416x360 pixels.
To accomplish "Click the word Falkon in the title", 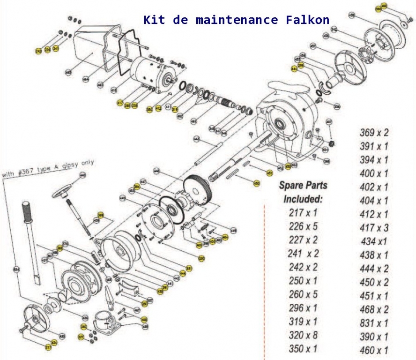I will [307, 20].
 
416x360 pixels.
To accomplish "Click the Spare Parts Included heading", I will [303, 192].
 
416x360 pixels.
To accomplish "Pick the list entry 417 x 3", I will [374, 228].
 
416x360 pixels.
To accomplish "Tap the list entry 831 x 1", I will [374, 323].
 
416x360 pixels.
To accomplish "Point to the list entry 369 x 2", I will [374, 133].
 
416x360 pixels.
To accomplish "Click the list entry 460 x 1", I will [374, 350].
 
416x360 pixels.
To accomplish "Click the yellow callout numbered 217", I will [48, 347].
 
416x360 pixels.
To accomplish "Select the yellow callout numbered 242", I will [38, 50].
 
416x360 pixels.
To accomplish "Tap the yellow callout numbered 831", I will [189, 268].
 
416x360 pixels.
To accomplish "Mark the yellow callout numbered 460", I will [384, 6].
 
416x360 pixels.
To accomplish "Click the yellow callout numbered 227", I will [81, 337].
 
